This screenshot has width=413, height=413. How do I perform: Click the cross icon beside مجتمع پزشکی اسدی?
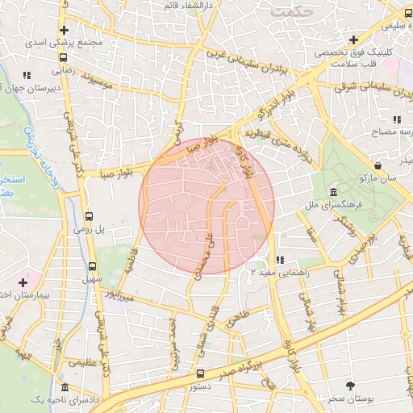[64, 31]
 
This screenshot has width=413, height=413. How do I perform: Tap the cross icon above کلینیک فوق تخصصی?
[353, 40]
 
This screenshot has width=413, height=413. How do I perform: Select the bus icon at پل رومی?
[89, 216]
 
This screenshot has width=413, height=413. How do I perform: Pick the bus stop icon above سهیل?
[92, 265]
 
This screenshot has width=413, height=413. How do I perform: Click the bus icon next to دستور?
[201, 373]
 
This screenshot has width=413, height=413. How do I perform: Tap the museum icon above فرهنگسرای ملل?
[334, 191]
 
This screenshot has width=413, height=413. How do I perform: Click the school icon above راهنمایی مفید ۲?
[279, 260]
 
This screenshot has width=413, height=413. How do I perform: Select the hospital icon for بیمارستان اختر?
[23, 283]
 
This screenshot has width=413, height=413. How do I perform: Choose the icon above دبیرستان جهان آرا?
[27, 75]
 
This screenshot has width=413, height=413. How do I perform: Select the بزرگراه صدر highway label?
[242, 368]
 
